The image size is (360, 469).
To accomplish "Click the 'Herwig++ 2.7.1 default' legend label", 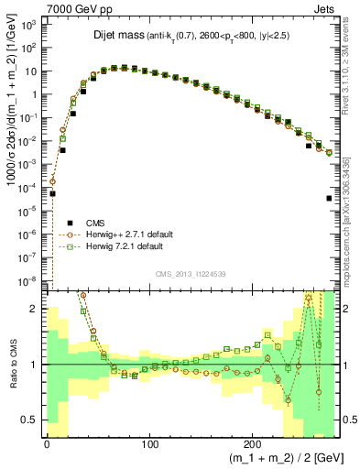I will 137,234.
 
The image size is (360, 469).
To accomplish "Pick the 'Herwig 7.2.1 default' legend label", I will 133,247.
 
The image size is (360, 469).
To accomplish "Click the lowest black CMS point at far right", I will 329,198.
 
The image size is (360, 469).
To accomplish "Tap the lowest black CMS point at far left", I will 53,194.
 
